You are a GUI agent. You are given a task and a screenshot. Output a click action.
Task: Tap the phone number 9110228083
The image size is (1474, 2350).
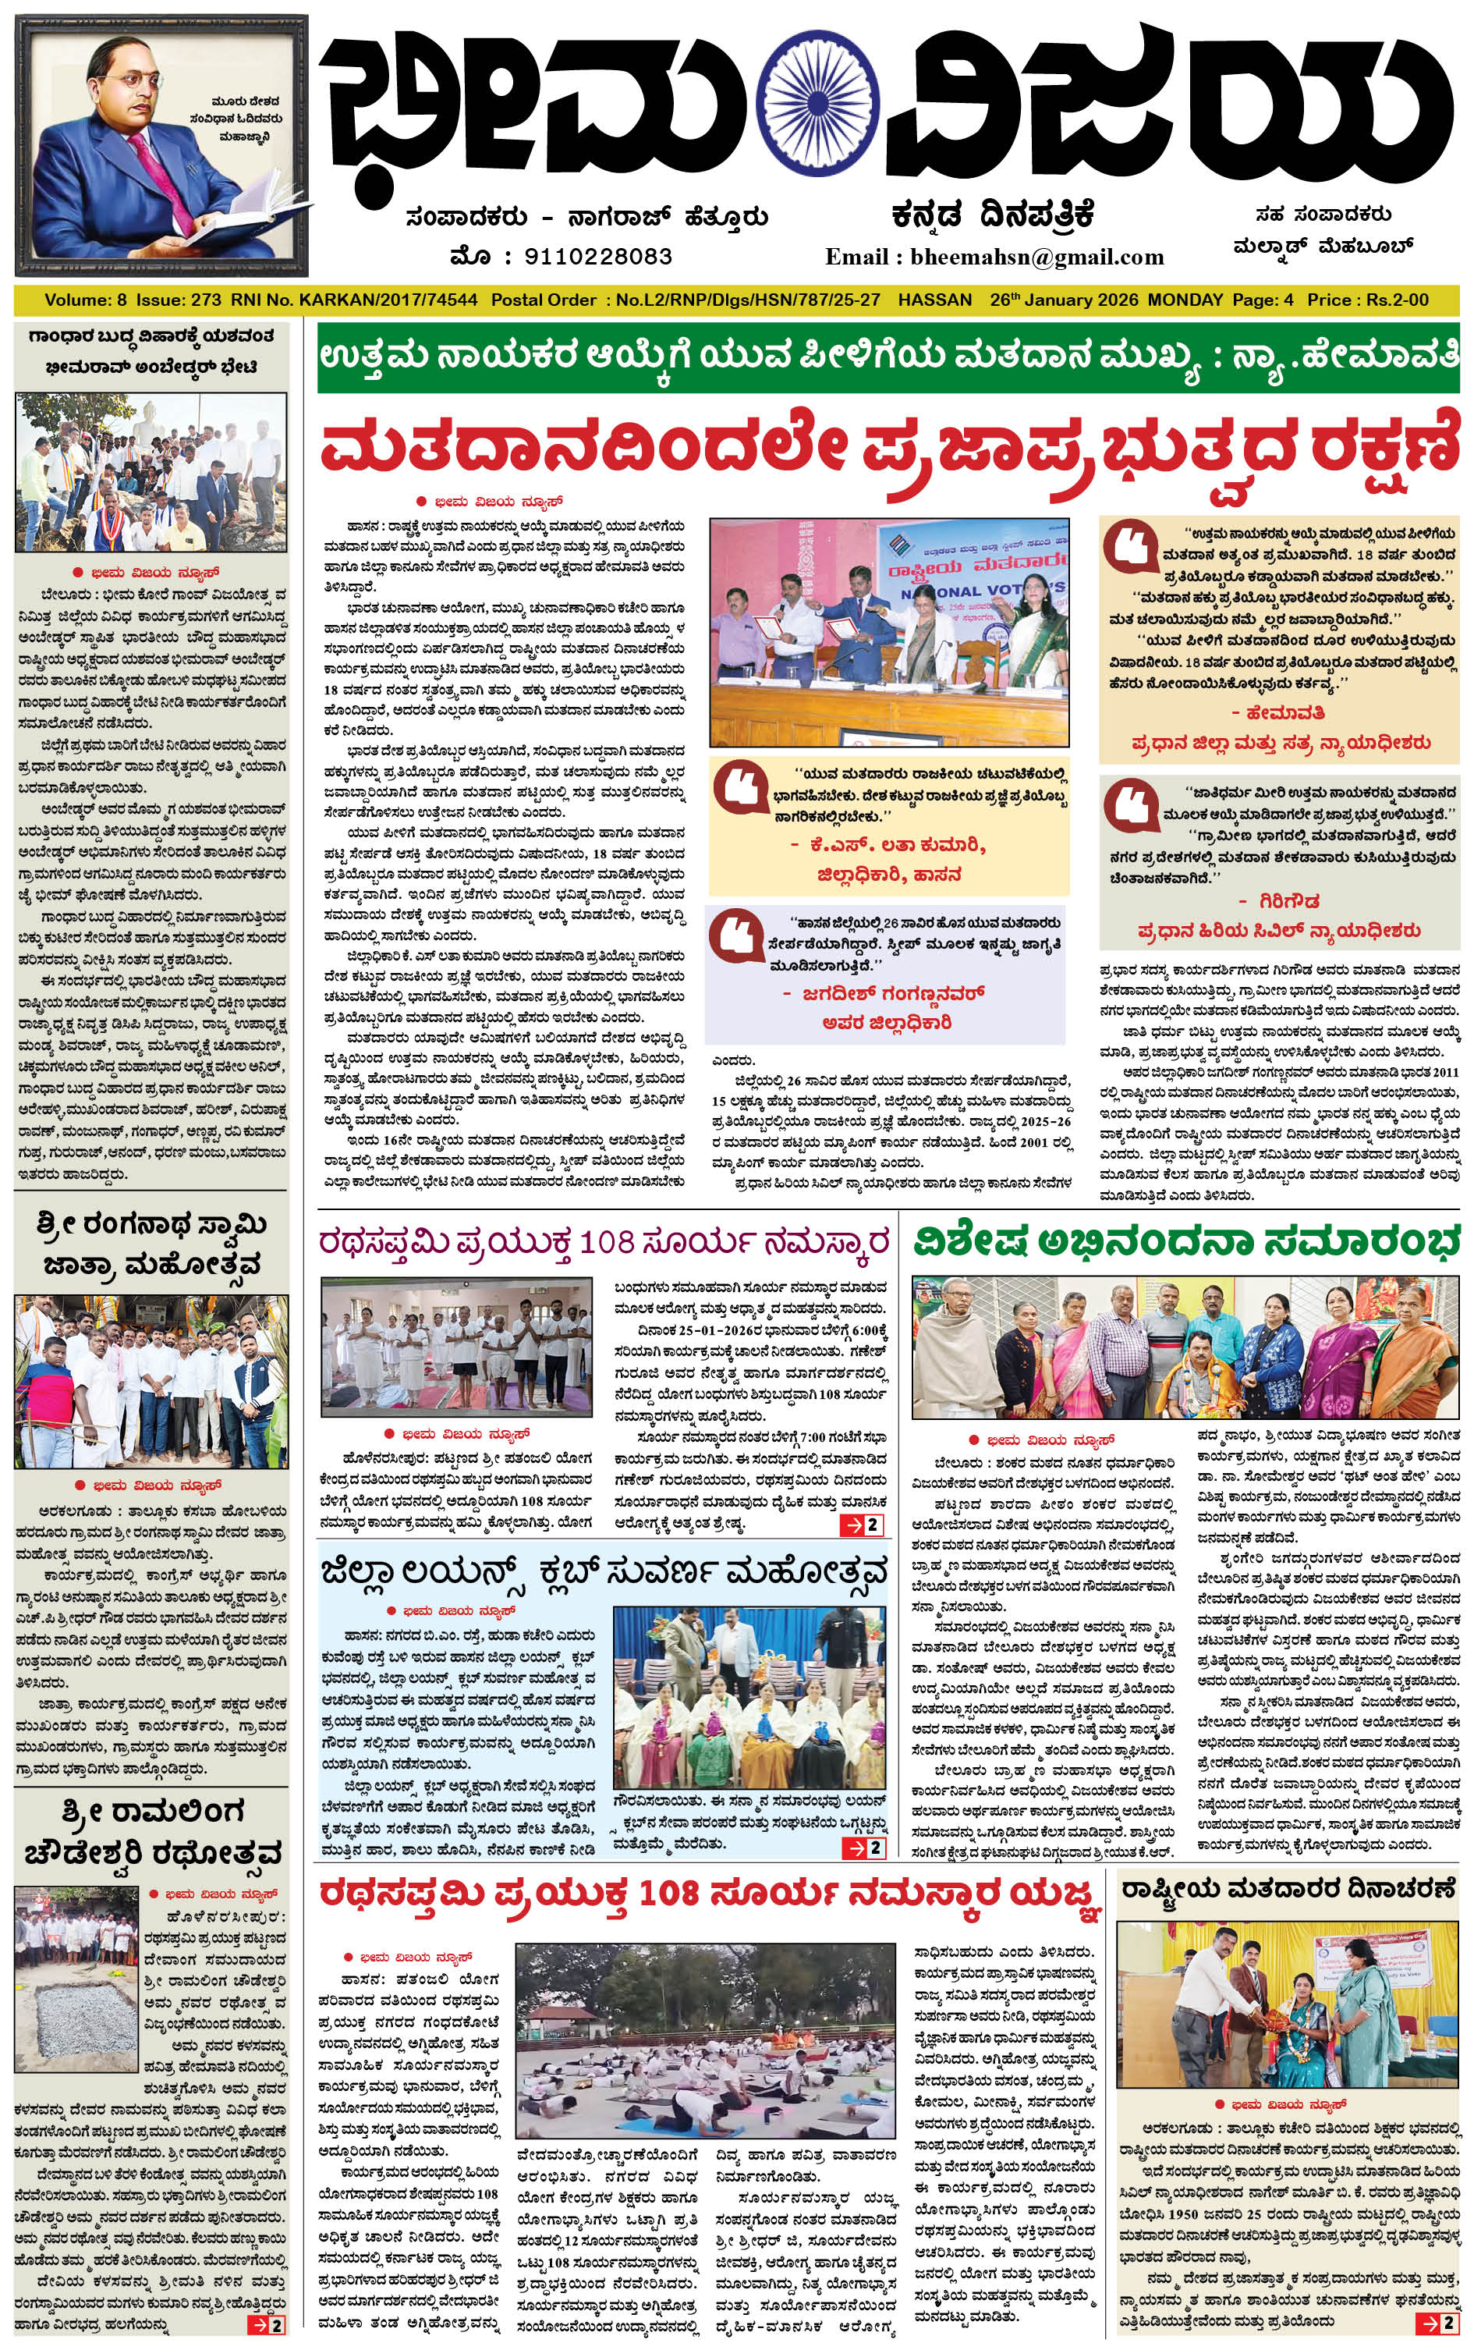597,257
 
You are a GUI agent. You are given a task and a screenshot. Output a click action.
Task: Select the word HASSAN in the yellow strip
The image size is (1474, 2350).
935,300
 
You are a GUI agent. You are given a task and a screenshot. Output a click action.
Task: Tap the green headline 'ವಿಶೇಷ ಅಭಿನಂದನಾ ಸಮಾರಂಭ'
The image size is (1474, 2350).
1185,1242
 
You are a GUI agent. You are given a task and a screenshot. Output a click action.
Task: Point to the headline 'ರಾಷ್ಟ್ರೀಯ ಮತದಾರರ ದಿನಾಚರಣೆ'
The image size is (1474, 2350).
1288,1889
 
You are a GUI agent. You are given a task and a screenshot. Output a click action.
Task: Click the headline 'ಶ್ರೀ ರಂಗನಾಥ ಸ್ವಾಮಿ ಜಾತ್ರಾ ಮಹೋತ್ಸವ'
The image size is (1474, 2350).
151,1244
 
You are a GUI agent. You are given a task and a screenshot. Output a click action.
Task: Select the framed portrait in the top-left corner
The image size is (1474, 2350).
162,146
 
